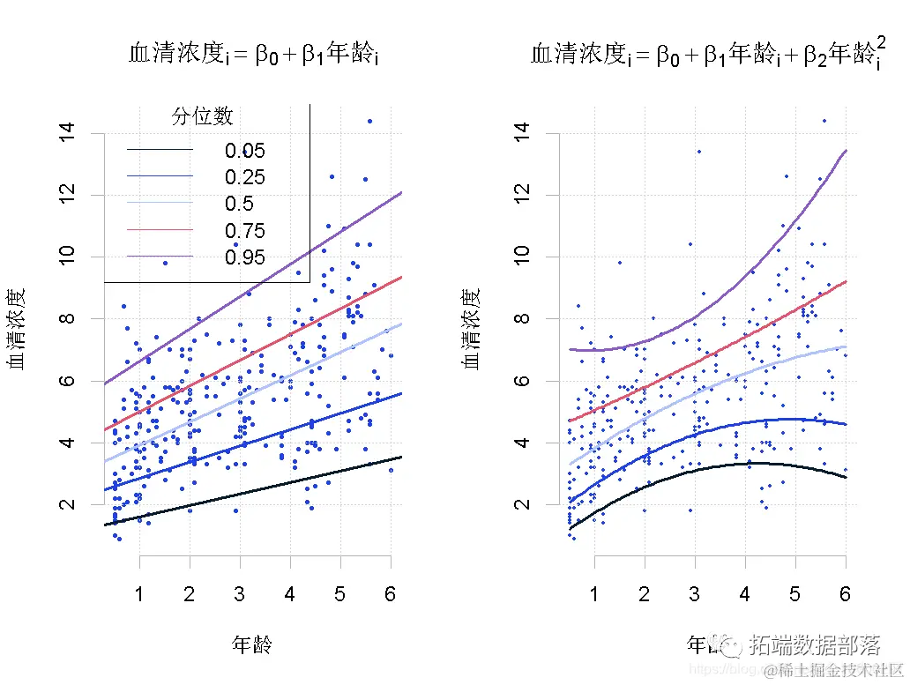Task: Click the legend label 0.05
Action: tap(244, 151)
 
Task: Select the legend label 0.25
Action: tap(244, 177)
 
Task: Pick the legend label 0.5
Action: tap(239, 205)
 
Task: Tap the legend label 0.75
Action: tap(244, 231)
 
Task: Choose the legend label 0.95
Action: tap(244, 257)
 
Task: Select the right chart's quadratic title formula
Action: tap(709, 56)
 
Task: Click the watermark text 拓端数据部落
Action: tap(815, 645)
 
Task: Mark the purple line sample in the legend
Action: tap(160, 257)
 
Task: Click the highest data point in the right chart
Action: tap(824, 121)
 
